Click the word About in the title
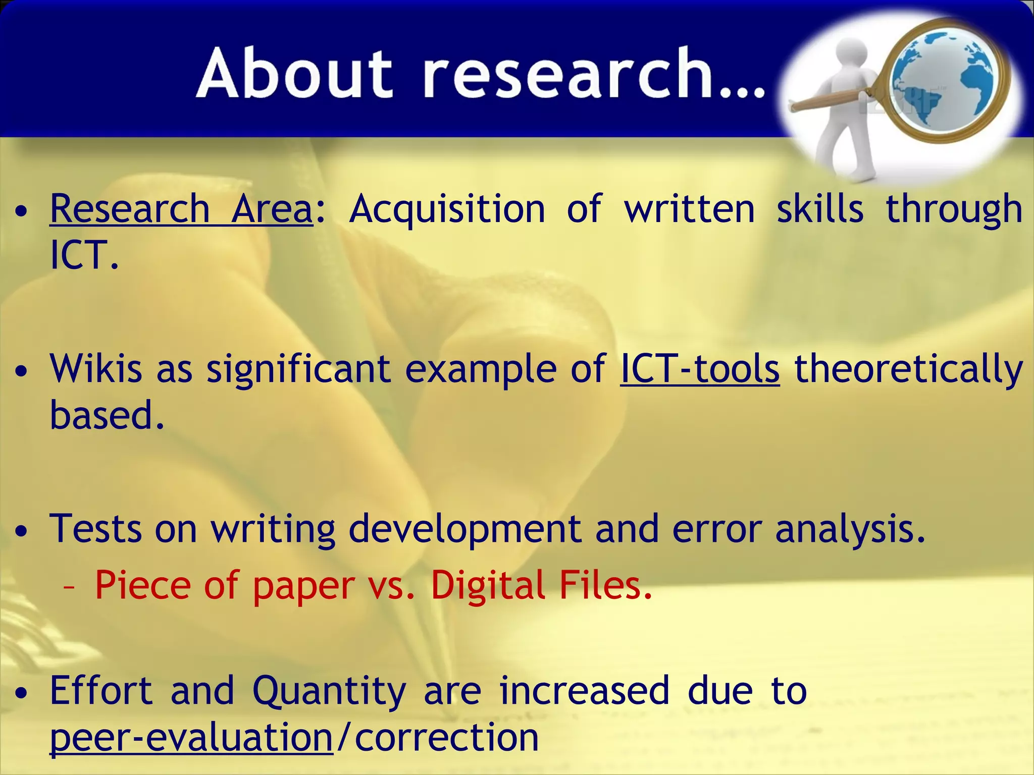pyautogui.click(x=294, y=73)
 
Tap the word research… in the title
pyautogui.click(x=594, y=73)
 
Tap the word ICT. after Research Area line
pyautogui.click(x=84, y=255)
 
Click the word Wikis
pyautogui.click(x=96, y=368)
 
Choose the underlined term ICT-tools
pyautogui.click(x=699, y=368)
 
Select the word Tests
pyautogui.click(x=96, y=528)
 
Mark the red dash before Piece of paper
pyautogui.click(x=70, y=588)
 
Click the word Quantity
pyautogui.click(x=329, y=690)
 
